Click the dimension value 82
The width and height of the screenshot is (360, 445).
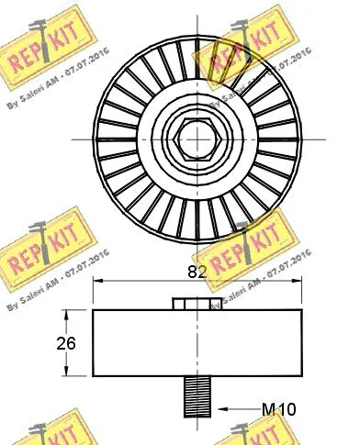(195, 271)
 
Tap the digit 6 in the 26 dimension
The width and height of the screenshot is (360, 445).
(71, 345)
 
